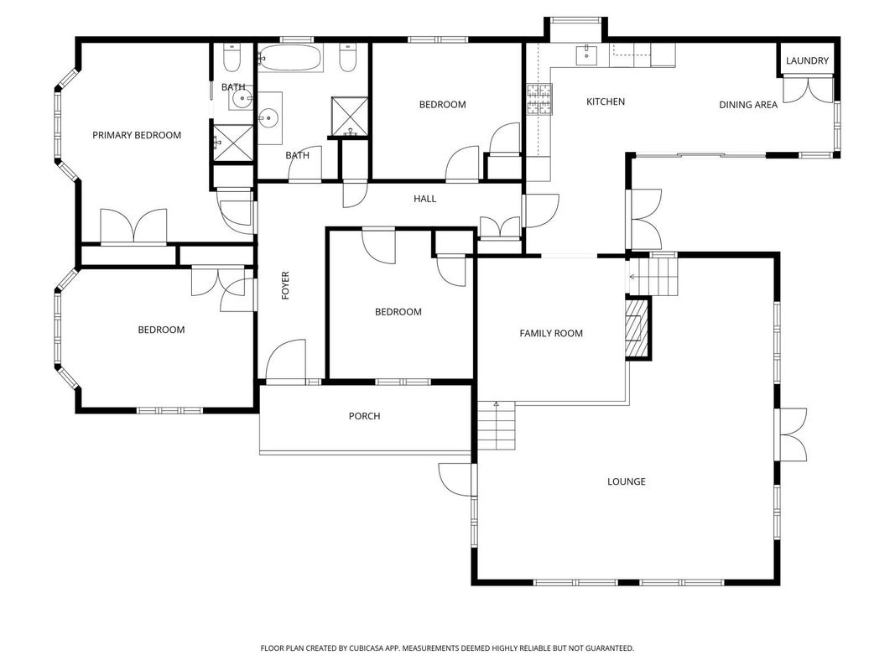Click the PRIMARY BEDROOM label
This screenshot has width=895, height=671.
tap(137, 135)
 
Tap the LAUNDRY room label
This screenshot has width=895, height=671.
tap(807, 60)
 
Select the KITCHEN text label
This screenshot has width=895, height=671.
tap(606, 101)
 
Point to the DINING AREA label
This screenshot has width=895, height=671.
tap(747, 104)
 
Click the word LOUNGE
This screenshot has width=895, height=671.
tap(626, 481)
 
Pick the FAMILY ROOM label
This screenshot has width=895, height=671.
tap(551, 333)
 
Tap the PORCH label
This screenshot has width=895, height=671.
tap(364, 416)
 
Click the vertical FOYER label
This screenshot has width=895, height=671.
tap(285, 285)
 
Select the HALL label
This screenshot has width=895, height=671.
tap(424, 199)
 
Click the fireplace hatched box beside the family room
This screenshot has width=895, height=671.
tap(637, 328)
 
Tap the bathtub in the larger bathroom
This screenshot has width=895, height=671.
tap(290, 58)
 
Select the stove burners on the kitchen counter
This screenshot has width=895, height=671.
tap(539, 99)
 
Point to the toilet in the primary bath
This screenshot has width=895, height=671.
tap(232, 58)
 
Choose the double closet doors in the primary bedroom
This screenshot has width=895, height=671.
tap(133, 227)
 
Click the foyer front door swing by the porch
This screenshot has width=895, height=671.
tap(285, 361)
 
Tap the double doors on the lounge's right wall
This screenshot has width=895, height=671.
tap(792, 434)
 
